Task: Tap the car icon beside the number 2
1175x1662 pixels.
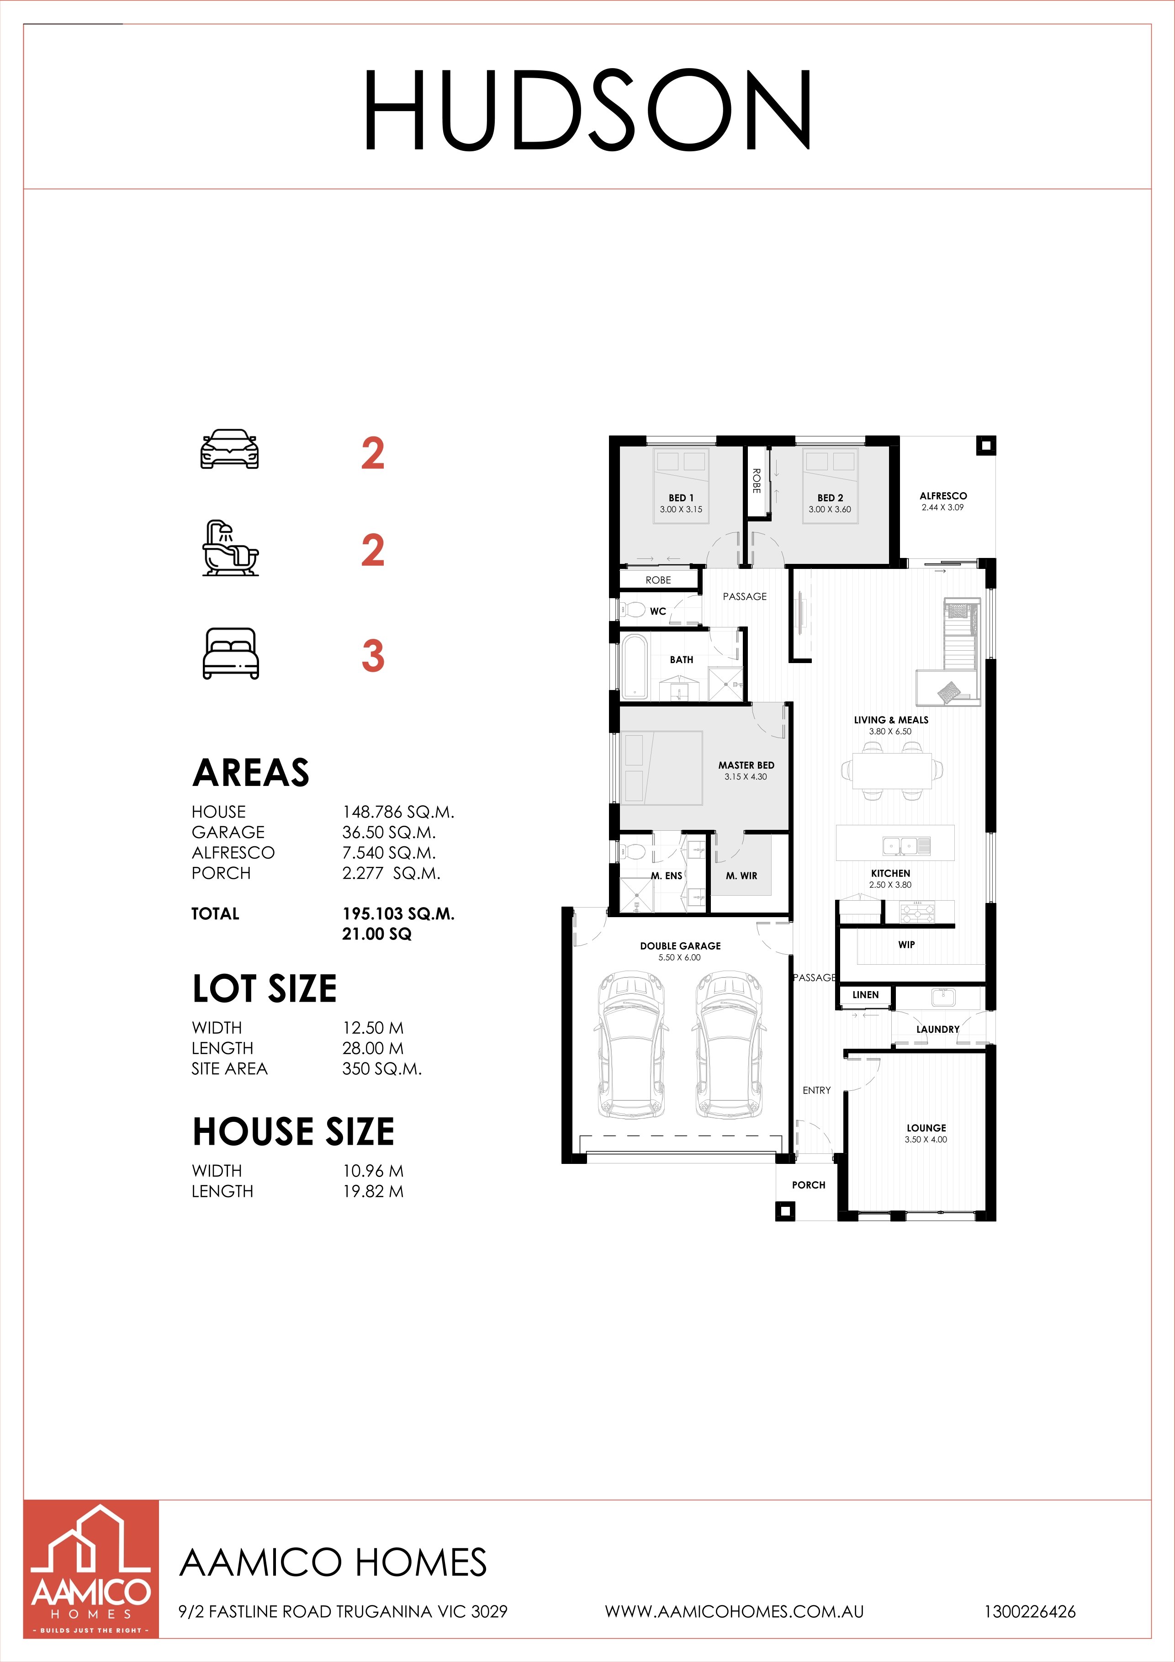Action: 229,450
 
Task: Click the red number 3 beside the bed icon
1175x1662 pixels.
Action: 373,655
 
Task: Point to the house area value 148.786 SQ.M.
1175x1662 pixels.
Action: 398,812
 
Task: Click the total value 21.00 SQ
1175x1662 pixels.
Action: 377,934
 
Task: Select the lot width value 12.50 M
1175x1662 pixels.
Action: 373,1028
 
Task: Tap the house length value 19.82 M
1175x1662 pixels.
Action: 373,1191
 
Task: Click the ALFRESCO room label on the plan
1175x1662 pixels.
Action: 943,496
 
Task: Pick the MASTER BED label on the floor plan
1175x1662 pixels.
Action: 746,765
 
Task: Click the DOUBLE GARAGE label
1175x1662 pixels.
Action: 680,946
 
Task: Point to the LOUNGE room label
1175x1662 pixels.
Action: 926,1128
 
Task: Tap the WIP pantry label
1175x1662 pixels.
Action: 906,945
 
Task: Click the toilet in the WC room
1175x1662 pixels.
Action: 632,609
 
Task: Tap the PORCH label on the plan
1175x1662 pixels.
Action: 808,1185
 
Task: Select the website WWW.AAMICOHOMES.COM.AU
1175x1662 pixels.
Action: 735,1612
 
